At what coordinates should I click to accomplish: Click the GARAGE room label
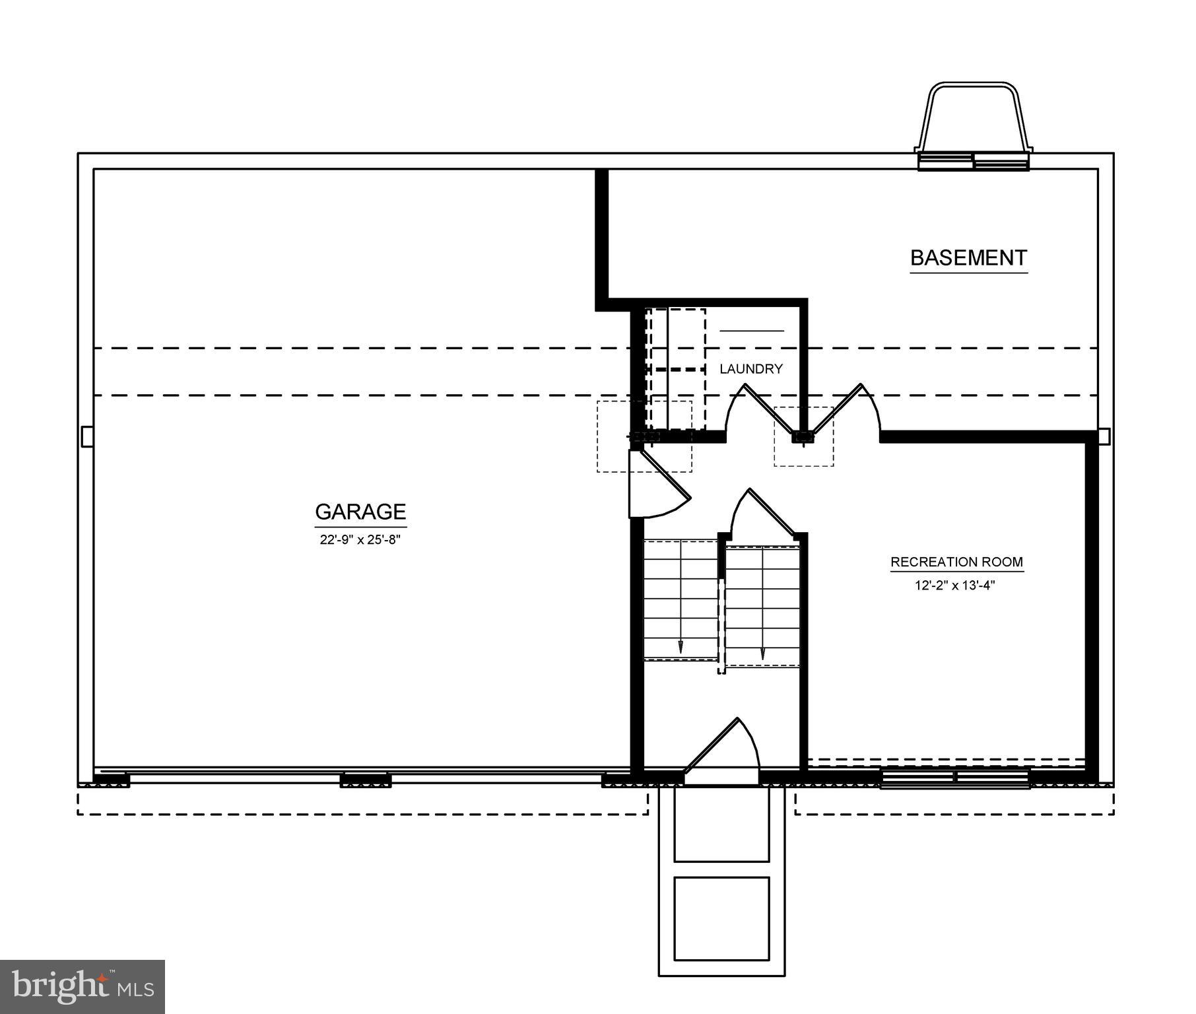(360, 512)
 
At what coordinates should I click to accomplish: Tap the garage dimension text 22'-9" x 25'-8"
(360, 539)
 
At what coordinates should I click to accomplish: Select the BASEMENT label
(968, 257)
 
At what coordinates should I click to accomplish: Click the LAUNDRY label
(750, 369)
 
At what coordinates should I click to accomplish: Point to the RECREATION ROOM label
(956, 562)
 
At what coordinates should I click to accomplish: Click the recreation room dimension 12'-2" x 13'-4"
(954, 585)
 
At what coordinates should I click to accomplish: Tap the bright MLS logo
(82, 986)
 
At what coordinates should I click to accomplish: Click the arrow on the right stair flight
(763, 652)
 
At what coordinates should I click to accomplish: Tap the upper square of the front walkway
(721, 826)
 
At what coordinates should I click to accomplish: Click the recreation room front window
(954, 779)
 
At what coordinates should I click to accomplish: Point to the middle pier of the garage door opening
(366, 781)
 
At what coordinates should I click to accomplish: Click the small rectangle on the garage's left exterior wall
(86, 436)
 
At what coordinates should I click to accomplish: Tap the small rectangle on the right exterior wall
(1104, 436)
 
